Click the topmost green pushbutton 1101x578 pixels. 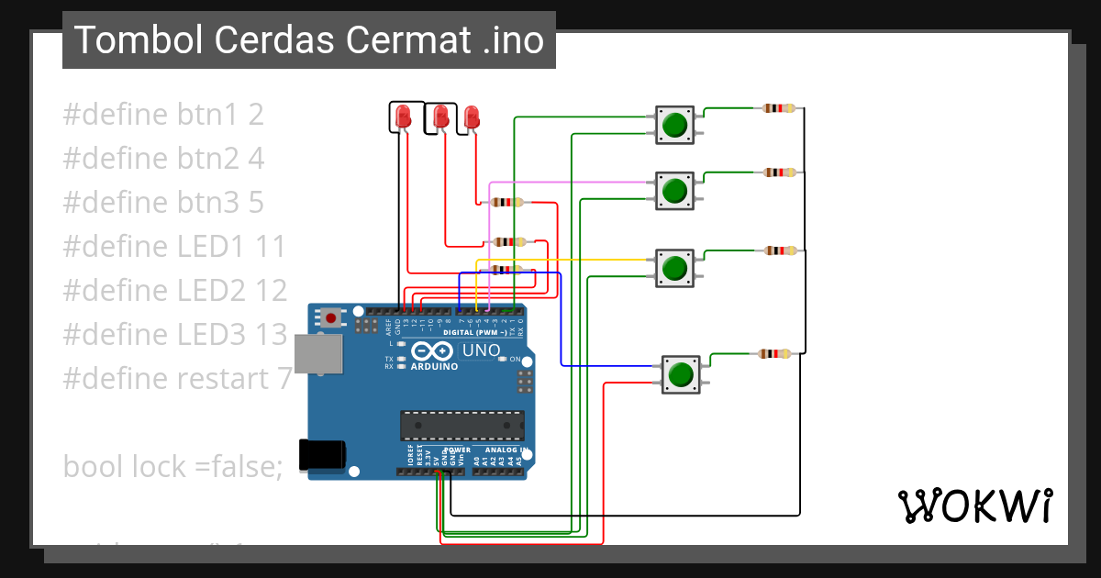click(674, 124)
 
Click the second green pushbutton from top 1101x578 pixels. click(674, 190)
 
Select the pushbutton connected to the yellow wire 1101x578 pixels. click(674, 267)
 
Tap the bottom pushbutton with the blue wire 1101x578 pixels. click(681, 374)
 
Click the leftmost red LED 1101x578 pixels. click(403, 117)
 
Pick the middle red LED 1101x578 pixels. click(441, 117)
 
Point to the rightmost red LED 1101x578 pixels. click(472, 117)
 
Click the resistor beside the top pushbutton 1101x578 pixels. click(780, 108)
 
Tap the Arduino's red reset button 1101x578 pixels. click(330, 318)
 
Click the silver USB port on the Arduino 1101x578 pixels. click(317, 354)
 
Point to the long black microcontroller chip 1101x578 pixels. click(462, 425)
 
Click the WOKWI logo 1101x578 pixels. click(974, 506)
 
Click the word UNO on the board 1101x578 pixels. click(481, 350)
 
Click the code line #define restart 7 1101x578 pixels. click(177, 377)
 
